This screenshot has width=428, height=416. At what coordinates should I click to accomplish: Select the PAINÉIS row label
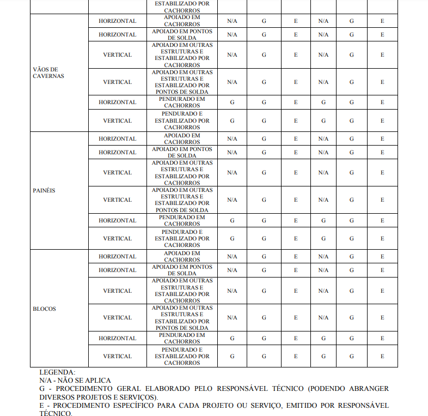click(44, 191)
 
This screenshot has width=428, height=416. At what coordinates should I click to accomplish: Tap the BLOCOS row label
click(44, 309)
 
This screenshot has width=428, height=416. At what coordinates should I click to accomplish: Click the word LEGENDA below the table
click(57, 372)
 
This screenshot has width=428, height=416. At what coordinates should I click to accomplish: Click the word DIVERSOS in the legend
click(57, 397)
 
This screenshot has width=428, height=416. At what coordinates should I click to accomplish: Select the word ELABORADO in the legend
click(162, 389)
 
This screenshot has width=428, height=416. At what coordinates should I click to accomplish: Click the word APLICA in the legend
click(98, 380)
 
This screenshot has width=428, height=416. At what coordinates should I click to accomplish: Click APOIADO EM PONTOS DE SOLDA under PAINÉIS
click(182, 152)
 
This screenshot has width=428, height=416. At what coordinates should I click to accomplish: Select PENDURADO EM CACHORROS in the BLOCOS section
click(182, 338)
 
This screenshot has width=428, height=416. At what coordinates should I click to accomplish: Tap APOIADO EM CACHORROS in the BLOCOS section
click(182, 256)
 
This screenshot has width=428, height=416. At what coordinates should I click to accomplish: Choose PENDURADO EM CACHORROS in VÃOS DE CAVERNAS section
click(182, 102)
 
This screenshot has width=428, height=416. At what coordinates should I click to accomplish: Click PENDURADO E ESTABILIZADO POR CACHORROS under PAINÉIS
click(182, 238)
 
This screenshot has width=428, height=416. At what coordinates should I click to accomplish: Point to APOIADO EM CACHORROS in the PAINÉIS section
click(182, 138)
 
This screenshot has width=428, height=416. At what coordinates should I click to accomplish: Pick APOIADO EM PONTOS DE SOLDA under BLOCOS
click(182, 270)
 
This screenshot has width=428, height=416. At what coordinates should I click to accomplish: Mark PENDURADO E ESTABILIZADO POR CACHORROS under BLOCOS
click(182, 356)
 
